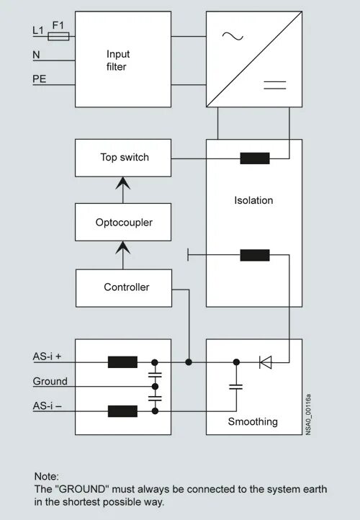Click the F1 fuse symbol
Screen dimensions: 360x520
click(58, 36)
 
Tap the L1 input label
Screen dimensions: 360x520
click(37, 30)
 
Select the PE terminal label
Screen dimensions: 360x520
click(39, 79)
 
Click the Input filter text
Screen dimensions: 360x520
click(117, 60)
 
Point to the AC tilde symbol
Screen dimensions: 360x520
click(233, 36)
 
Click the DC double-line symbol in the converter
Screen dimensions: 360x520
click(275, 85)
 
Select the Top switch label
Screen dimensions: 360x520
click(125, 157)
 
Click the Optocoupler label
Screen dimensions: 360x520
click(124, 223)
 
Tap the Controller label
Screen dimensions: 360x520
click(127, 287)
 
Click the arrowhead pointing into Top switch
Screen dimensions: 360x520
click(123, 183)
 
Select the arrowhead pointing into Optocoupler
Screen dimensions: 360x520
click(123, 248)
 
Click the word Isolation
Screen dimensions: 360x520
click(253, 200)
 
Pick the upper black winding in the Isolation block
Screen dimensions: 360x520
click(255, 158)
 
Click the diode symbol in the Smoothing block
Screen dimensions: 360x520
click(266, 362)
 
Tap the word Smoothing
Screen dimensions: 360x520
click(253, 421)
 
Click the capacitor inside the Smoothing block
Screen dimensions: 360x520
click(236, 387)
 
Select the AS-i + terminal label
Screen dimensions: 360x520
click(47, 357)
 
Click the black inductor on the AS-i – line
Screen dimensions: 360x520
click(122, 411)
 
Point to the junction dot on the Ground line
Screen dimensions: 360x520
click(155, 387)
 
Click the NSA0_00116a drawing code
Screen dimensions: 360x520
click(308, 414)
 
